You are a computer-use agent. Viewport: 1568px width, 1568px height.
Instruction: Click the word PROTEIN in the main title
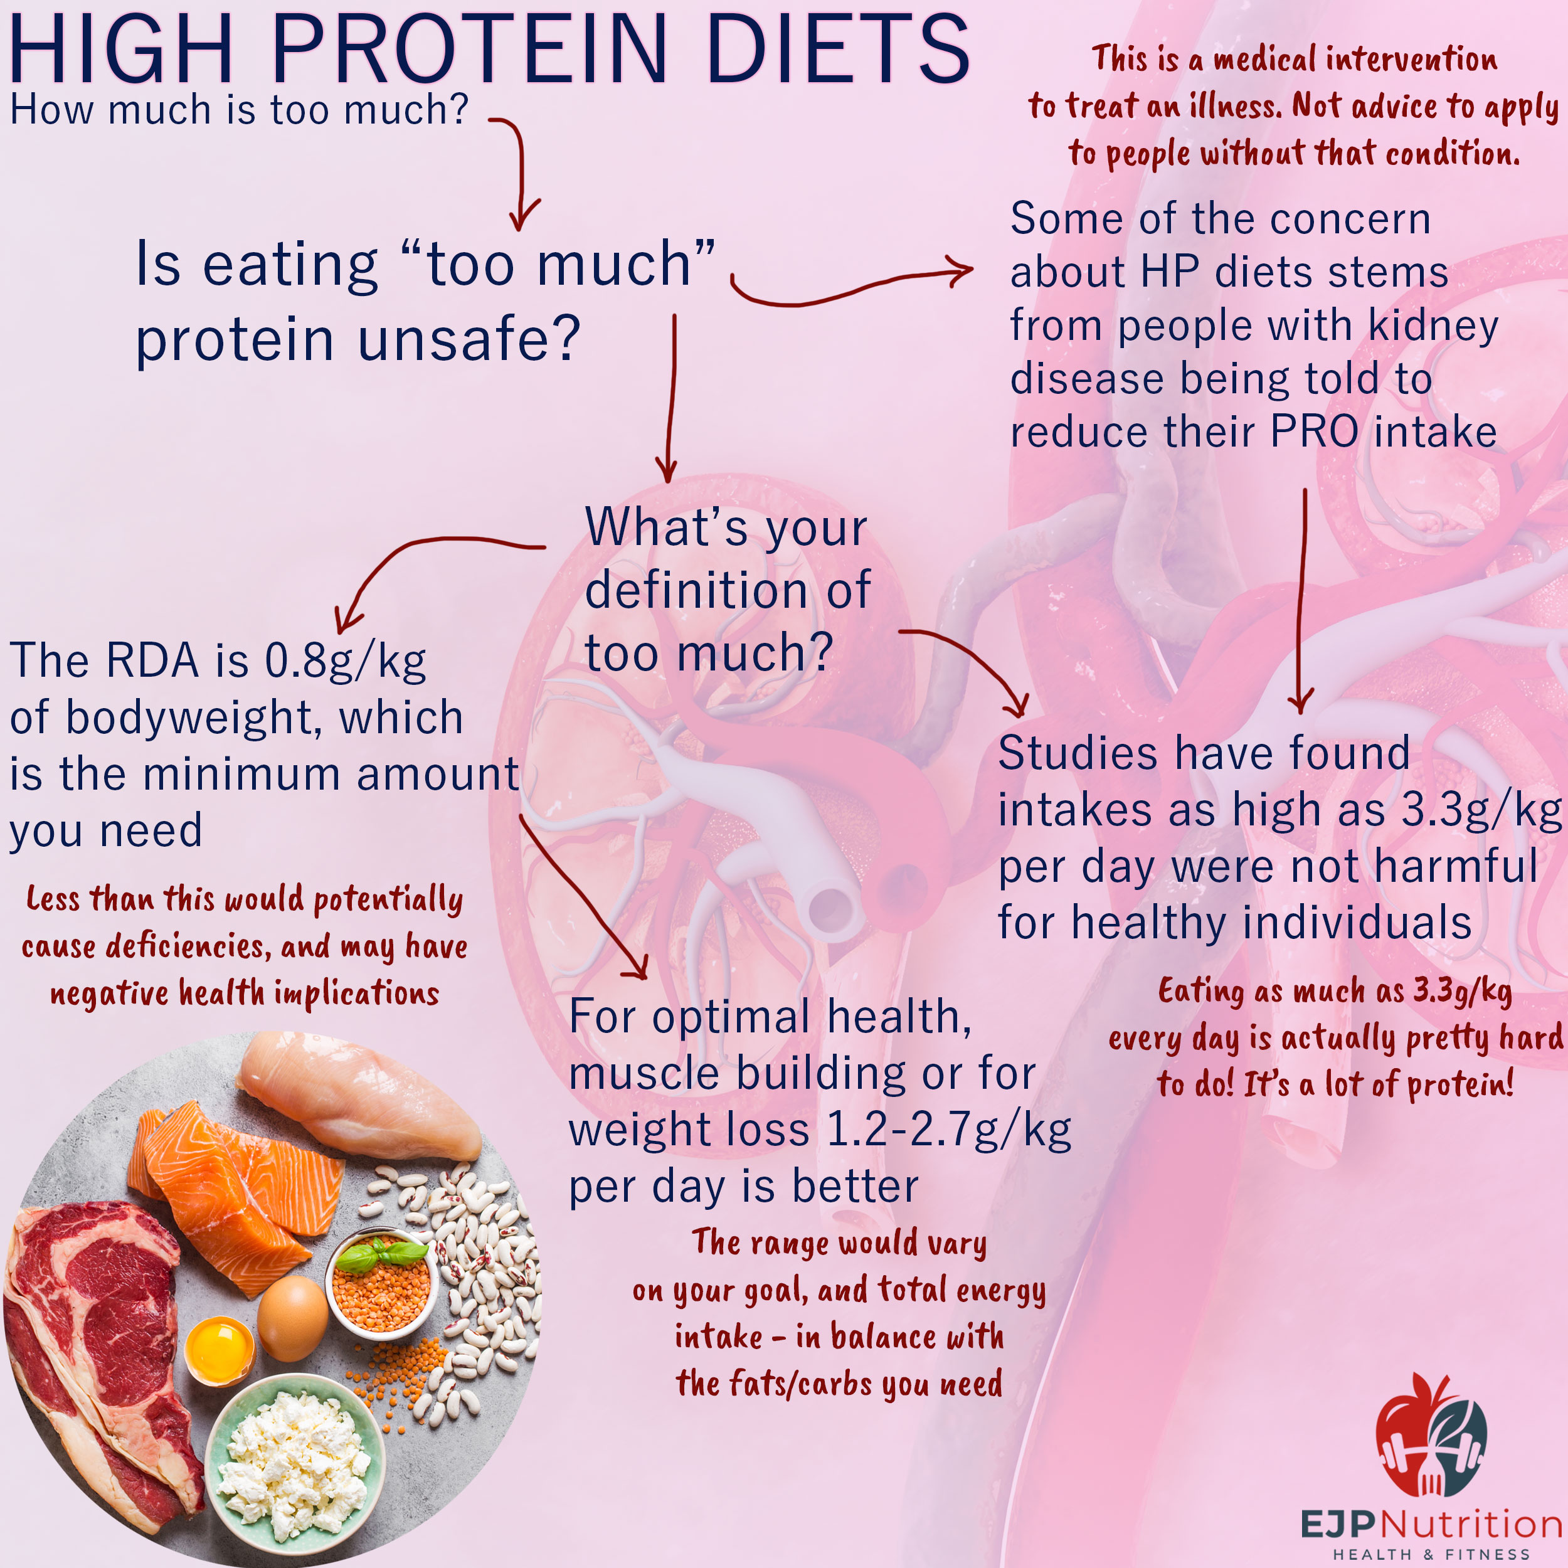pyautogui.click(x=469, y=50)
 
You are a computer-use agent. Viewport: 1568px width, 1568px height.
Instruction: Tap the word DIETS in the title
pyautogui.click(x=837, y=50)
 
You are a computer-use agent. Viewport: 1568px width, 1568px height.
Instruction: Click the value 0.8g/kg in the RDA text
pyautogui.click(x=346, y=662)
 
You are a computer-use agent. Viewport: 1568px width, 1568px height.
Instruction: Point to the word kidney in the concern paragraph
pyautogui.click(x=1433, y=326)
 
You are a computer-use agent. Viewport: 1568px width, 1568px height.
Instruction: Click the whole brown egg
pyautogui.click(x=293, y=1318)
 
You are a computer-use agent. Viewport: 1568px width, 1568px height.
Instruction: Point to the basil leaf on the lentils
pyautogui.click(x=381, y=1254)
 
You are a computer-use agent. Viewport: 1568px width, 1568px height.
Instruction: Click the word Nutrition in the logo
pyautogui.click(x=1471, y=1523)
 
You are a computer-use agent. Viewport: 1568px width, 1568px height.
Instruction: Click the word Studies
pyautogui.click(x=1079, y=753)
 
